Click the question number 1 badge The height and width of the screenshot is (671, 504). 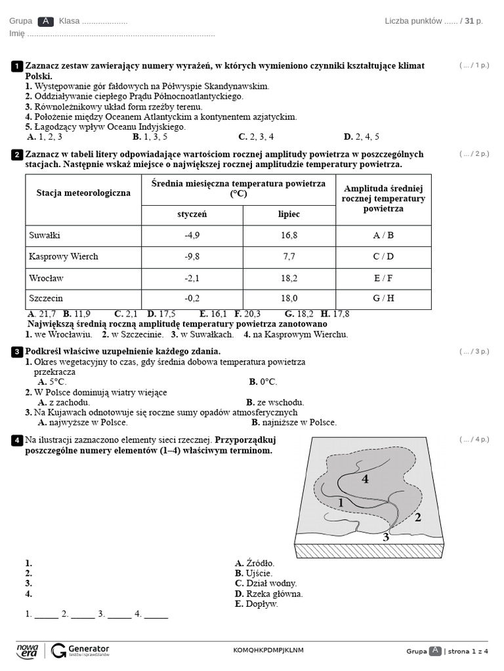pyautogui.click(x=16, y=66)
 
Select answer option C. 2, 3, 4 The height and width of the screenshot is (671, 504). pyautogui.click(x=256, y=137)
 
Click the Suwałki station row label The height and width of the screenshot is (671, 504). pyautogui.click(x=45, y=235)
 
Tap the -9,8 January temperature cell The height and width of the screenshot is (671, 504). pyautogui.click(x=192, y=257)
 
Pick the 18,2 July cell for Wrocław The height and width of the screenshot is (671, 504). pyautogui.click(x=289, y=278)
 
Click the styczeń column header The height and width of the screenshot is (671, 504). pyautogui.click(x=192, y=214)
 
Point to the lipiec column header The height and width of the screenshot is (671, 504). pyautogui.click(x=289, y=214)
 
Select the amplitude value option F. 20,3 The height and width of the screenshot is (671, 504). pyautogui.click(x=247, y=314)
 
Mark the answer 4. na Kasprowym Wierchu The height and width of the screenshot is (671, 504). pyautogui.click(x=296, y=334)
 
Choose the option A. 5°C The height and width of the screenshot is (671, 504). pyautogui.click(x=52, y=381)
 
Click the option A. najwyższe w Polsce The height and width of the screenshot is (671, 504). pyautogui.click(x=83, y=423)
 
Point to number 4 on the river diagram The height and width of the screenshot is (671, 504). pyautogui.click(x=365, y=479)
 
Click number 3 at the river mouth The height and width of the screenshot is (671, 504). pyautogui.click(x=386, y=538)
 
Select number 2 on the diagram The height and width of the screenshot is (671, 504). pyautogui.click(x=417, y=518)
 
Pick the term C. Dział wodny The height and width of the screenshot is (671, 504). pyautogui.click(x=266, y=583)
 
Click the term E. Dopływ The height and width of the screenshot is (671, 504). pyautogui.click(x=257, y=604)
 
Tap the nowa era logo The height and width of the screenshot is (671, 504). pyautogui.click(x=28, y=650)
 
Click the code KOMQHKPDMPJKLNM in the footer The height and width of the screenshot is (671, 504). pyautogui.click(x=268, y=650)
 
